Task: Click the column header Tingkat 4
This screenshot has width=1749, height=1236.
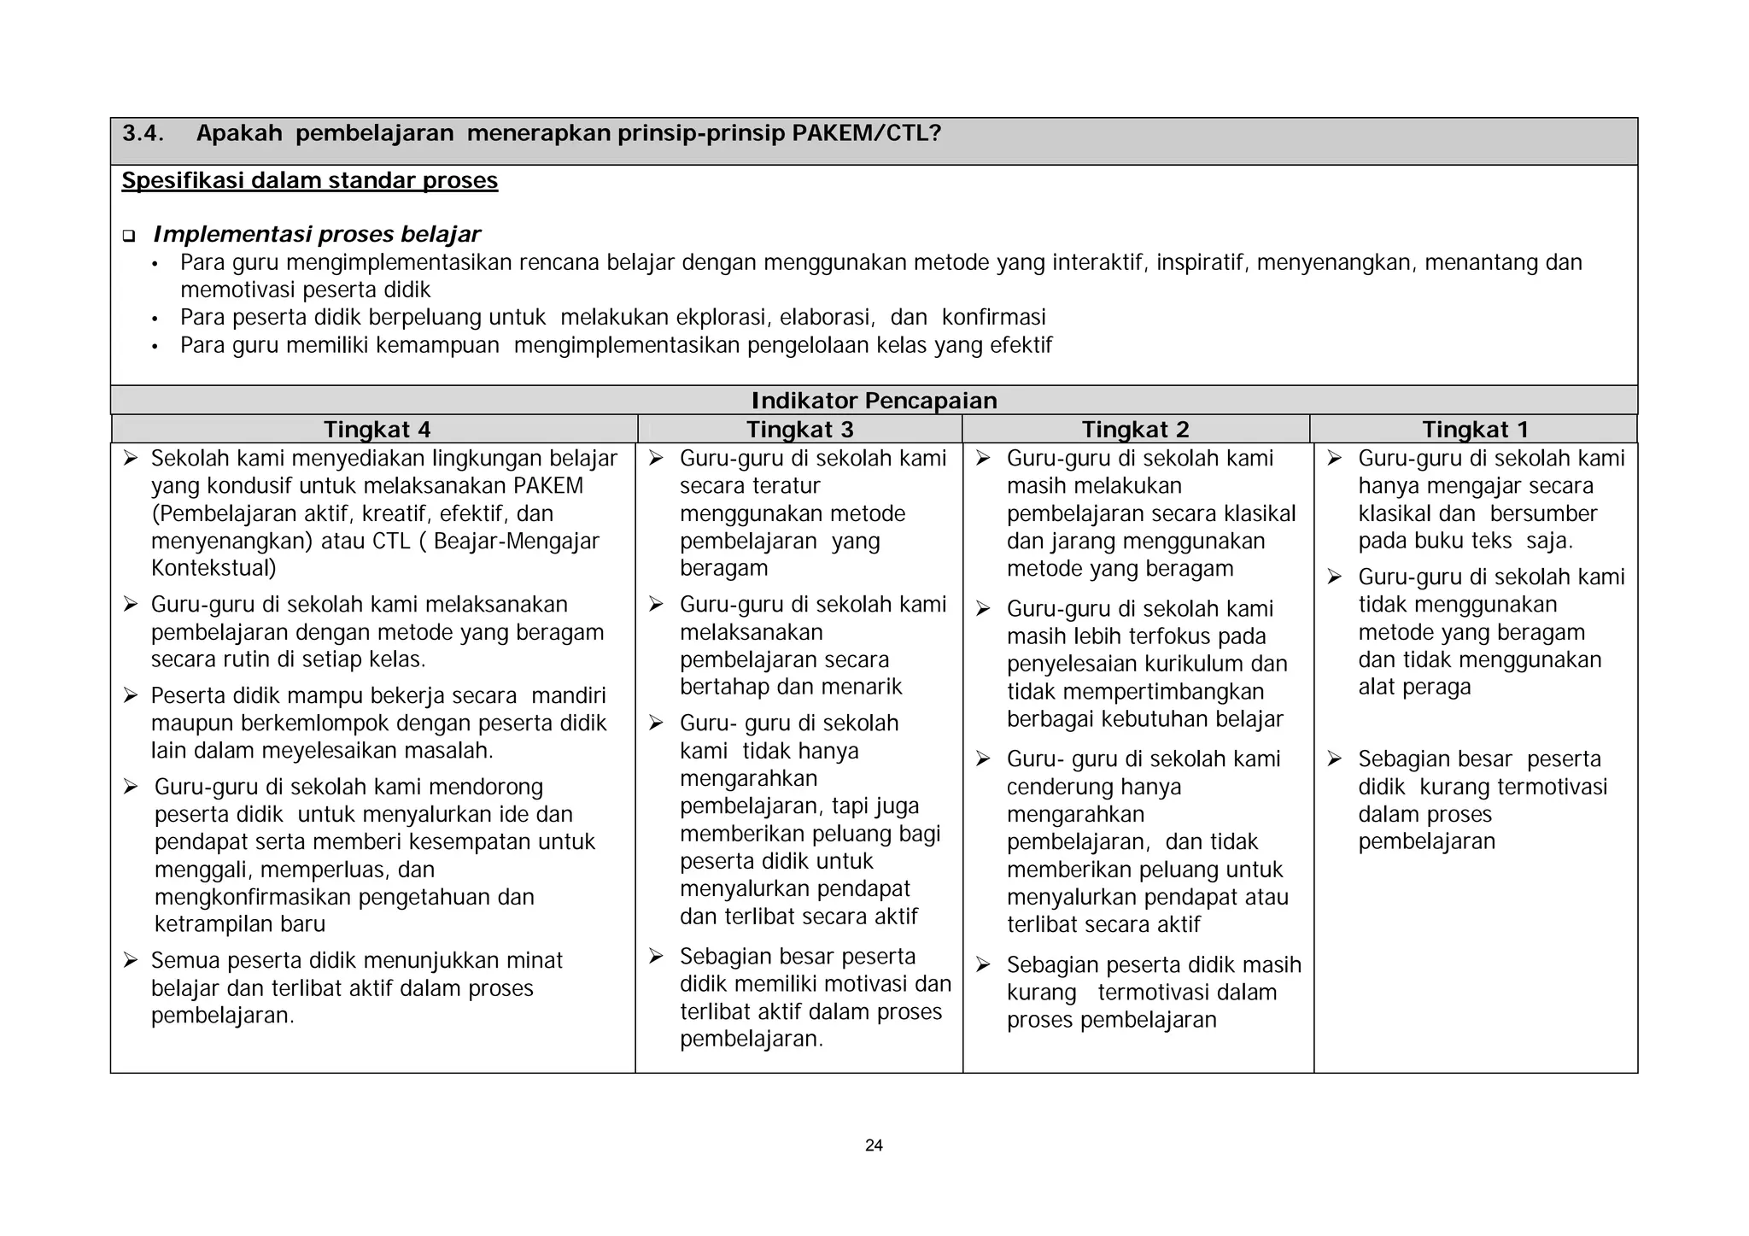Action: pyautogui.click(x=377, y=430)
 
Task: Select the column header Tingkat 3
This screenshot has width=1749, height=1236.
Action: pyautogui.click(x=799, y=430)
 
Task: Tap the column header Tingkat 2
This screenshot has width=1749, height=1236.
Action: pyautogui.click(x=1135, y=430)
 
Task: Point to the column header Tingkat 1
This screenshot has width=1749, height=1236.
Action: pyautogui.click(x=1475, y=430)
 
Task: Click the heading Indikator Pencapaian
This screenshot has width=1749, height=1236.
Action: pyautogui.click(x=874, y=401)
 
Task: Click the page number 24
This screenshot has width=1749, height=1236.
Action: pyautogui.click(x=874, y=1145)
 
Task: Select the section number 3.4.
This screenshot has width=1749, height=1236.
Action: pyautogui.click(x=143, y=134)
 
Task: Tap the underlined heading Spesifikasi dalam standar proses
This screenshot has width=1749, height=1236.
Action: pyautogui.click(x=309, y=181)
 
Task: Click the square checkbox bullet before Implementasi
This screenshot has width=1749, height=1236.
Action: pyautogui.click(x=129, y=236)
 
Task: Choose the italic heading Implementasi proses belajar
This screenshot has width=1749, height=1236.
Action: pyautogui.click(x=316, y=234)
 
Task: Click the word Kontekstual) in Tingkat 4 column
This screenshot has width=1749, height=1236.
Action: pyautogui.click(x=214, y=568)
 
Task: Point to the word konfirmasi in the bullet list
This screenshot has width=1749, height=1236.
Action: pyautogui.click(x=993, y=318)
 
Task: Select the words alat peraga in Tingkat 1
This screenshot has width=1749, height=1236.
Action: pyautogui.click(x=1414, y=687)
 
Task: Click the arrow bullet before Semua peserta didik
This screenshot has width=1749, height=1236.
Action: pyautogui.click(x=130, y=961)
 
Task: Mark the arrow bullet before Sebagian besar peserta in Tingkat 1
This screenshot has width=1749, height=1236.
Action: pyautogui.click(x=1335, y=759)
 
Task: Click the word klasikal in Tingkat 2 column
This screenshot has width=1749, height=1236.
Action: pyautogui.click(x=1260, y=513)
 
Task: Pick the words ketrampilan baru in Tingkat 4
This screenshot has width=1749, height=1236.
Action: pyautogui.click(x=240, y=924)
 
